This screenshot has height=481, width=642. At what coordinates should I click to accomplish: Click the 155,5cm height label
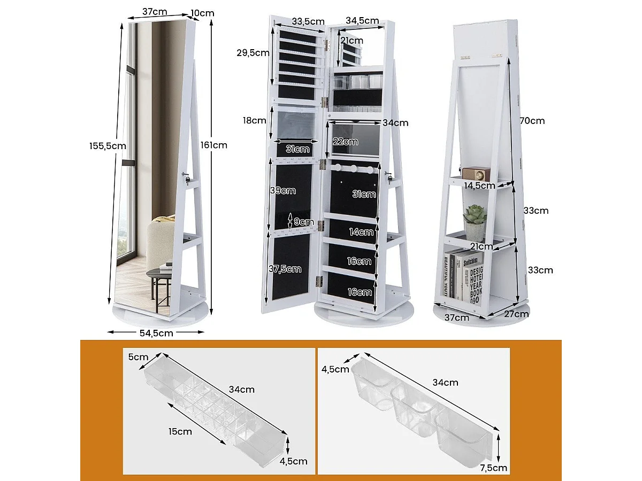[108, 145]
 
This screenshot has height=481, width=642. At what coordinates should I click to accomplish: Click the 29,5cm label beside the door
[252, 52]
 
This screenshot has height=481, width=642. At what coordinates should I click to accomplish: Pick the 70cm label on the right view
[532, 121]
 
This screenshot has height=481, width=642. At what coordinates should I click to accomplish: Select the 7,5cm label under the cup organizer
[493, 468]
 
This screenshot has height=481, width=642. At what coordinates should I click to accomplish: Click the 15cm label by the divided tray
[179, 431]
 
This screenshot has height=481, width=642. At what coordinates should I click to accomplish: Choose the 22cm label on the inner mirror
[345, 142]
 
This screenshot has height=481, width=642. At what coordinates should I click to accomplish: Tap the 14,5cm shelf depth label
[479, 186]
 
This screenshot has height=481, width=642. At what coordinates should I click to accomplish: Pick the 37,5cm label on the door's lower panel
[284, 269]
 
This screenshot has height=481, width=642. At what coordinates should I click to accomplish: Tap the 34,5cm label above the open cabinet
[362, 21]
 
